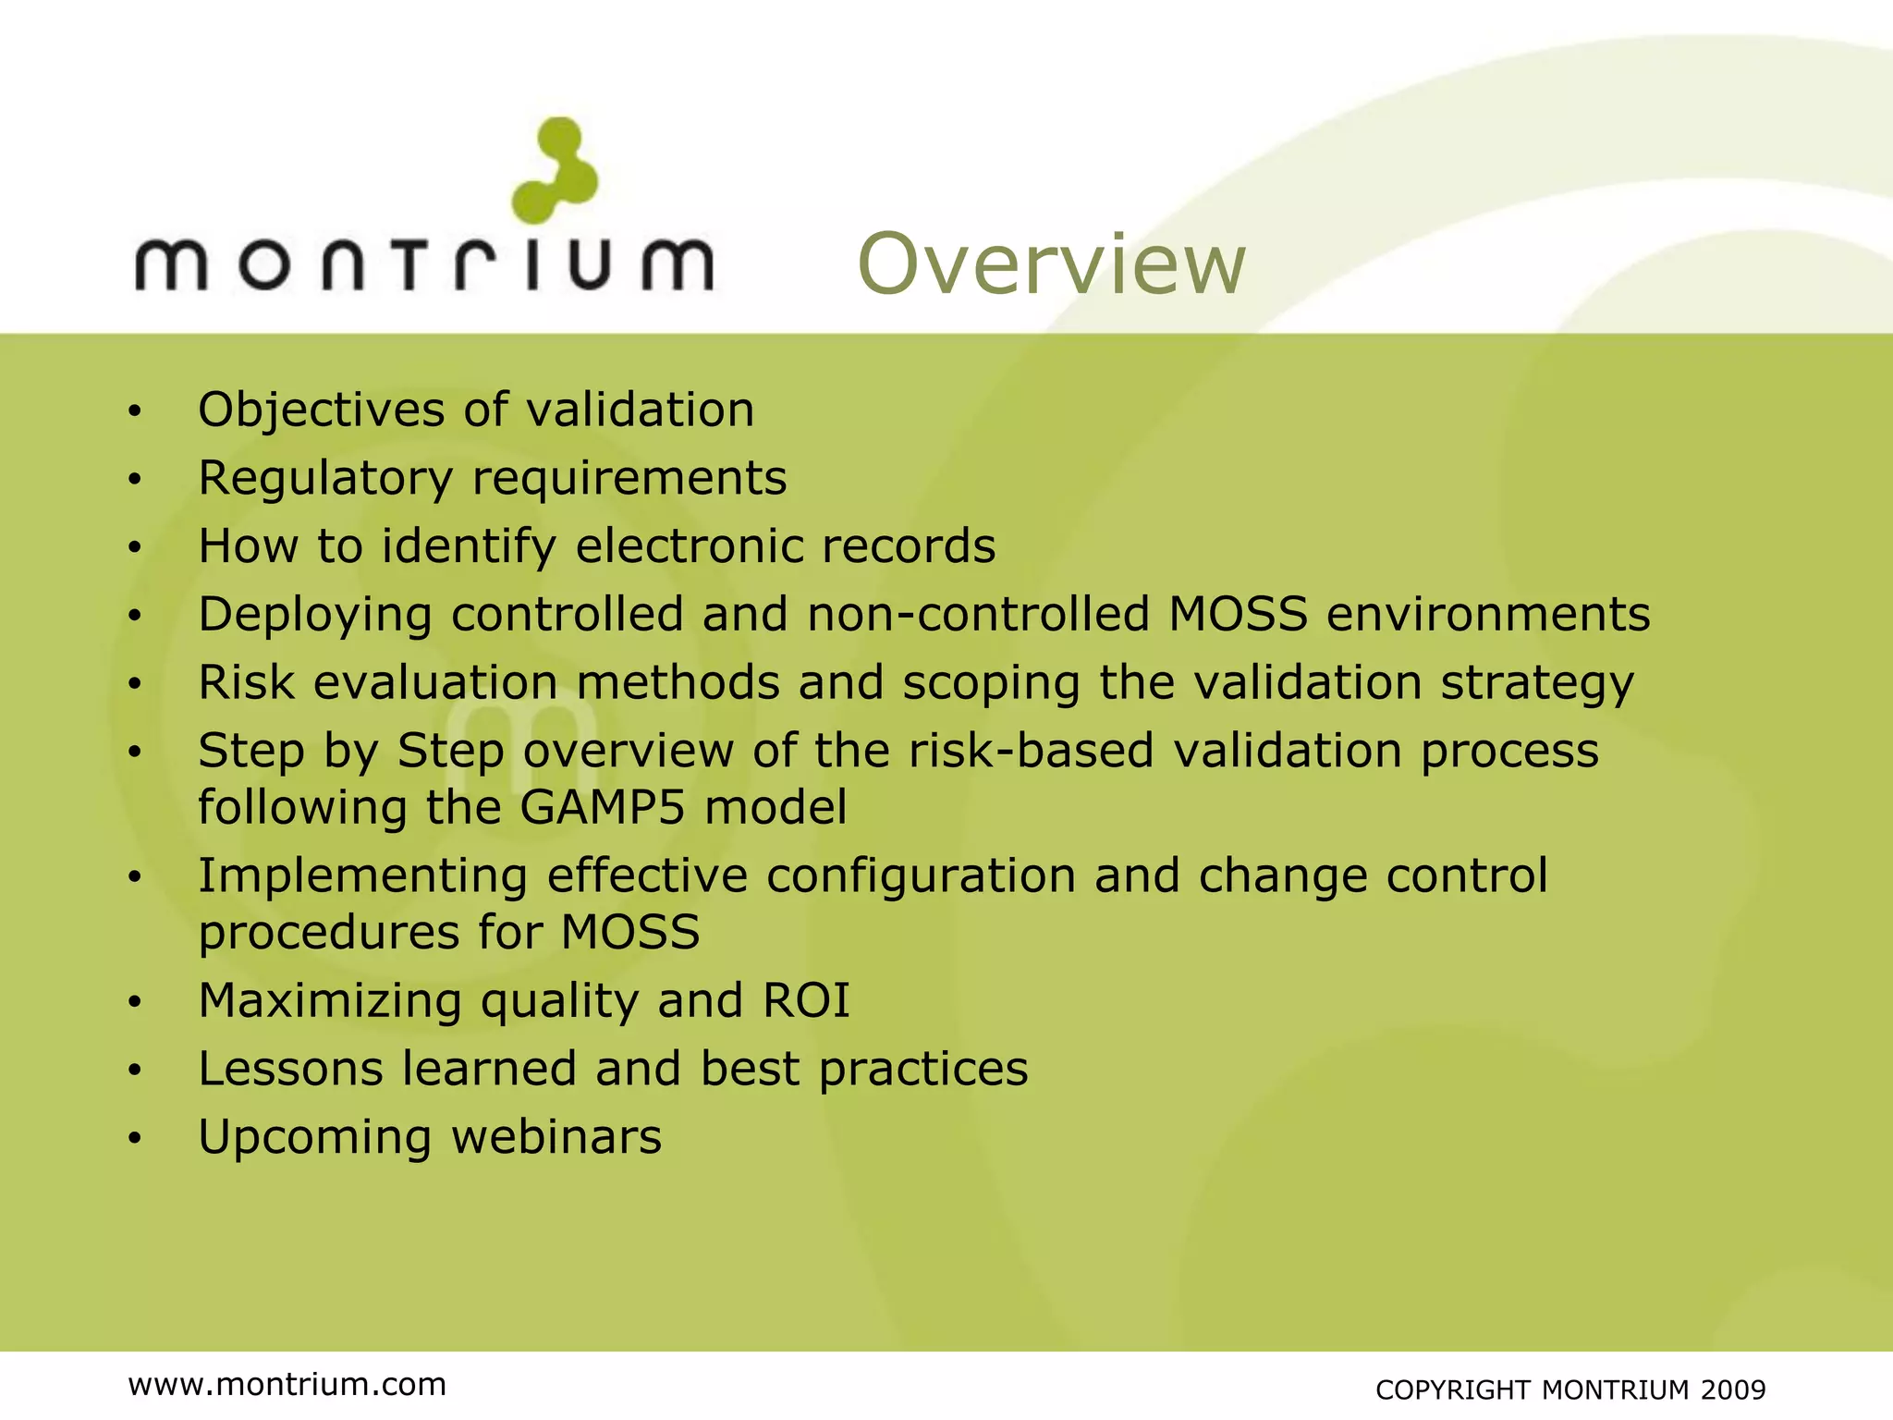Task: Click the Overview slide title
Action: click(x=1052, y=265)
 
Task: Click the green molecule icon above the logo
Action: click(x=556, y=171)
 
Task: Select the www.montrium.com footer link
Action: click(x=287, y=1384)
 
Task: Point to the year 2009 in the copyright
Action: click(x=1733, y=1389)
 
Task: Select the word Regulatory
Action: click(x=325, y=479)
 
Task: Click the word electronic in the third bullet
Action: click(x=689, y=545)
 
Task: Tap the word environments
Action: click(x=1488, y=614)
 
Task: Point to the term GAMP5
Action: click(x=603, y=807)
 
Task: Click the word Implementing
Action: click(x=362, y=876)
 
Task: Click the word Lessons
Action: click(x=290, y=1069)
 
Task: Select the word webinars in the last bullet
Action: click(x=556, y=1137)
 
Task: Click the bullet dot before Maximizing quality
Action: click(x=135, y=1002)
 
